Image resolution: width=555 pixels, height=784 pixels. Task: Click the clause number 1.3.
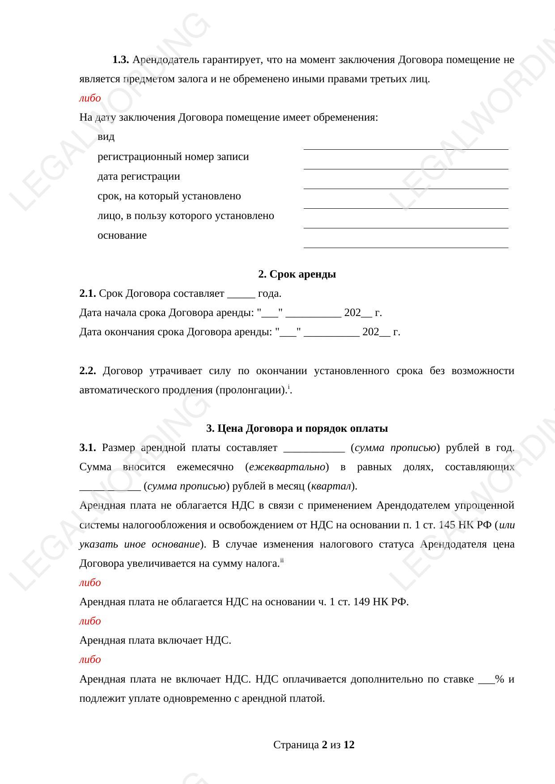click(121, 59)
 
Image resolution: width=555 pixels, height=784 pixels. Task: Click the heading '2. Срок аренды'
click(297, 274)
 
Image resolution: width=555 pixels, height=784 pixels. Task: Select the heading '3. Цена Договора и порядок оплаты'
click(297, 428)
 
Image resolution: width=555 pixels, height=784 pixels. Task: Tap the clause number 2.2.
click(88, 371)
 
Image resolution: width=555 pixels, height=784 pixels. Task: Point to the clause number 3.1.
click(88, 447)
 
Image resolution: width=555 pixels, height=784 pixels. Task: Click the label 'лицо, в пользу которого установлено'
click(186, 215)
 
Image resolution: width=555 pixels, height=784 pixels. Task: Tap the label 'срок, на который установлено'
click(169, 196)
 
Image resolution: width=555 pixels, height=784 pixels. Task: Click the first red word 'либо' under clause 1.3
click(90, 98)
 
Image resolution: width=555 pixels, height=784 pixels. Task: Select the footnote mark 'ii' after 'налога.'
click(282, 560)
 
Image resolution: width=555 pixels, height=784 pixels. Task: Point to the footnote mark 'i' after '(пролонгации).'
click(289, 387)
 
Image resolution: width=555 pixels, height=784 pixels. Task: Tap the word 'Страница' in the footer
click(296, 745)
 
